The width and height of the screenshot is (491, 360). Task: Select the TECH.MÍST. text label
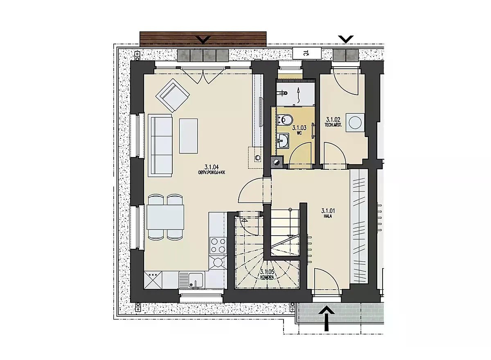(x=333, y=125)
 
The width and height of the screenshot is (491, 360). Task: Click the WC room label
(x=299, y=133)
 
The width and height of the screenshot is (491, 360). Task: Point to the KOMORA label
(x=268, y=277)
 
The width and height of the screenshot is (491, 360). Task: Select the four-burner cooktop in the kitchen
(x=218, y=245)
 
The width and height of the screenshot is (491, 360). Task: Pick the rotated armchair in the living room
(x=173, y=95)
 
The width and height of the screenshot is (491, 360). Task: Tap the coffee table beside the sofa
(x=188, y=136)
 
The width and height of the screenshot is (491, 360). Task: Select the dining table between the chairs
(x=165, y=217)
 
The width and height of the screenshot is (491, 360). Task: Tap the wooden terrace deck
(x=203, y=39)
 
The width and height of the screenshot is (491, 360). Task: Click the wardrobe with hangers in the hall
(x=359, y=226)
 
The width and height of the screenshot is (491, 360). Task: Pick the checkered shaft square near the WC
(x=277, y=162)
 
